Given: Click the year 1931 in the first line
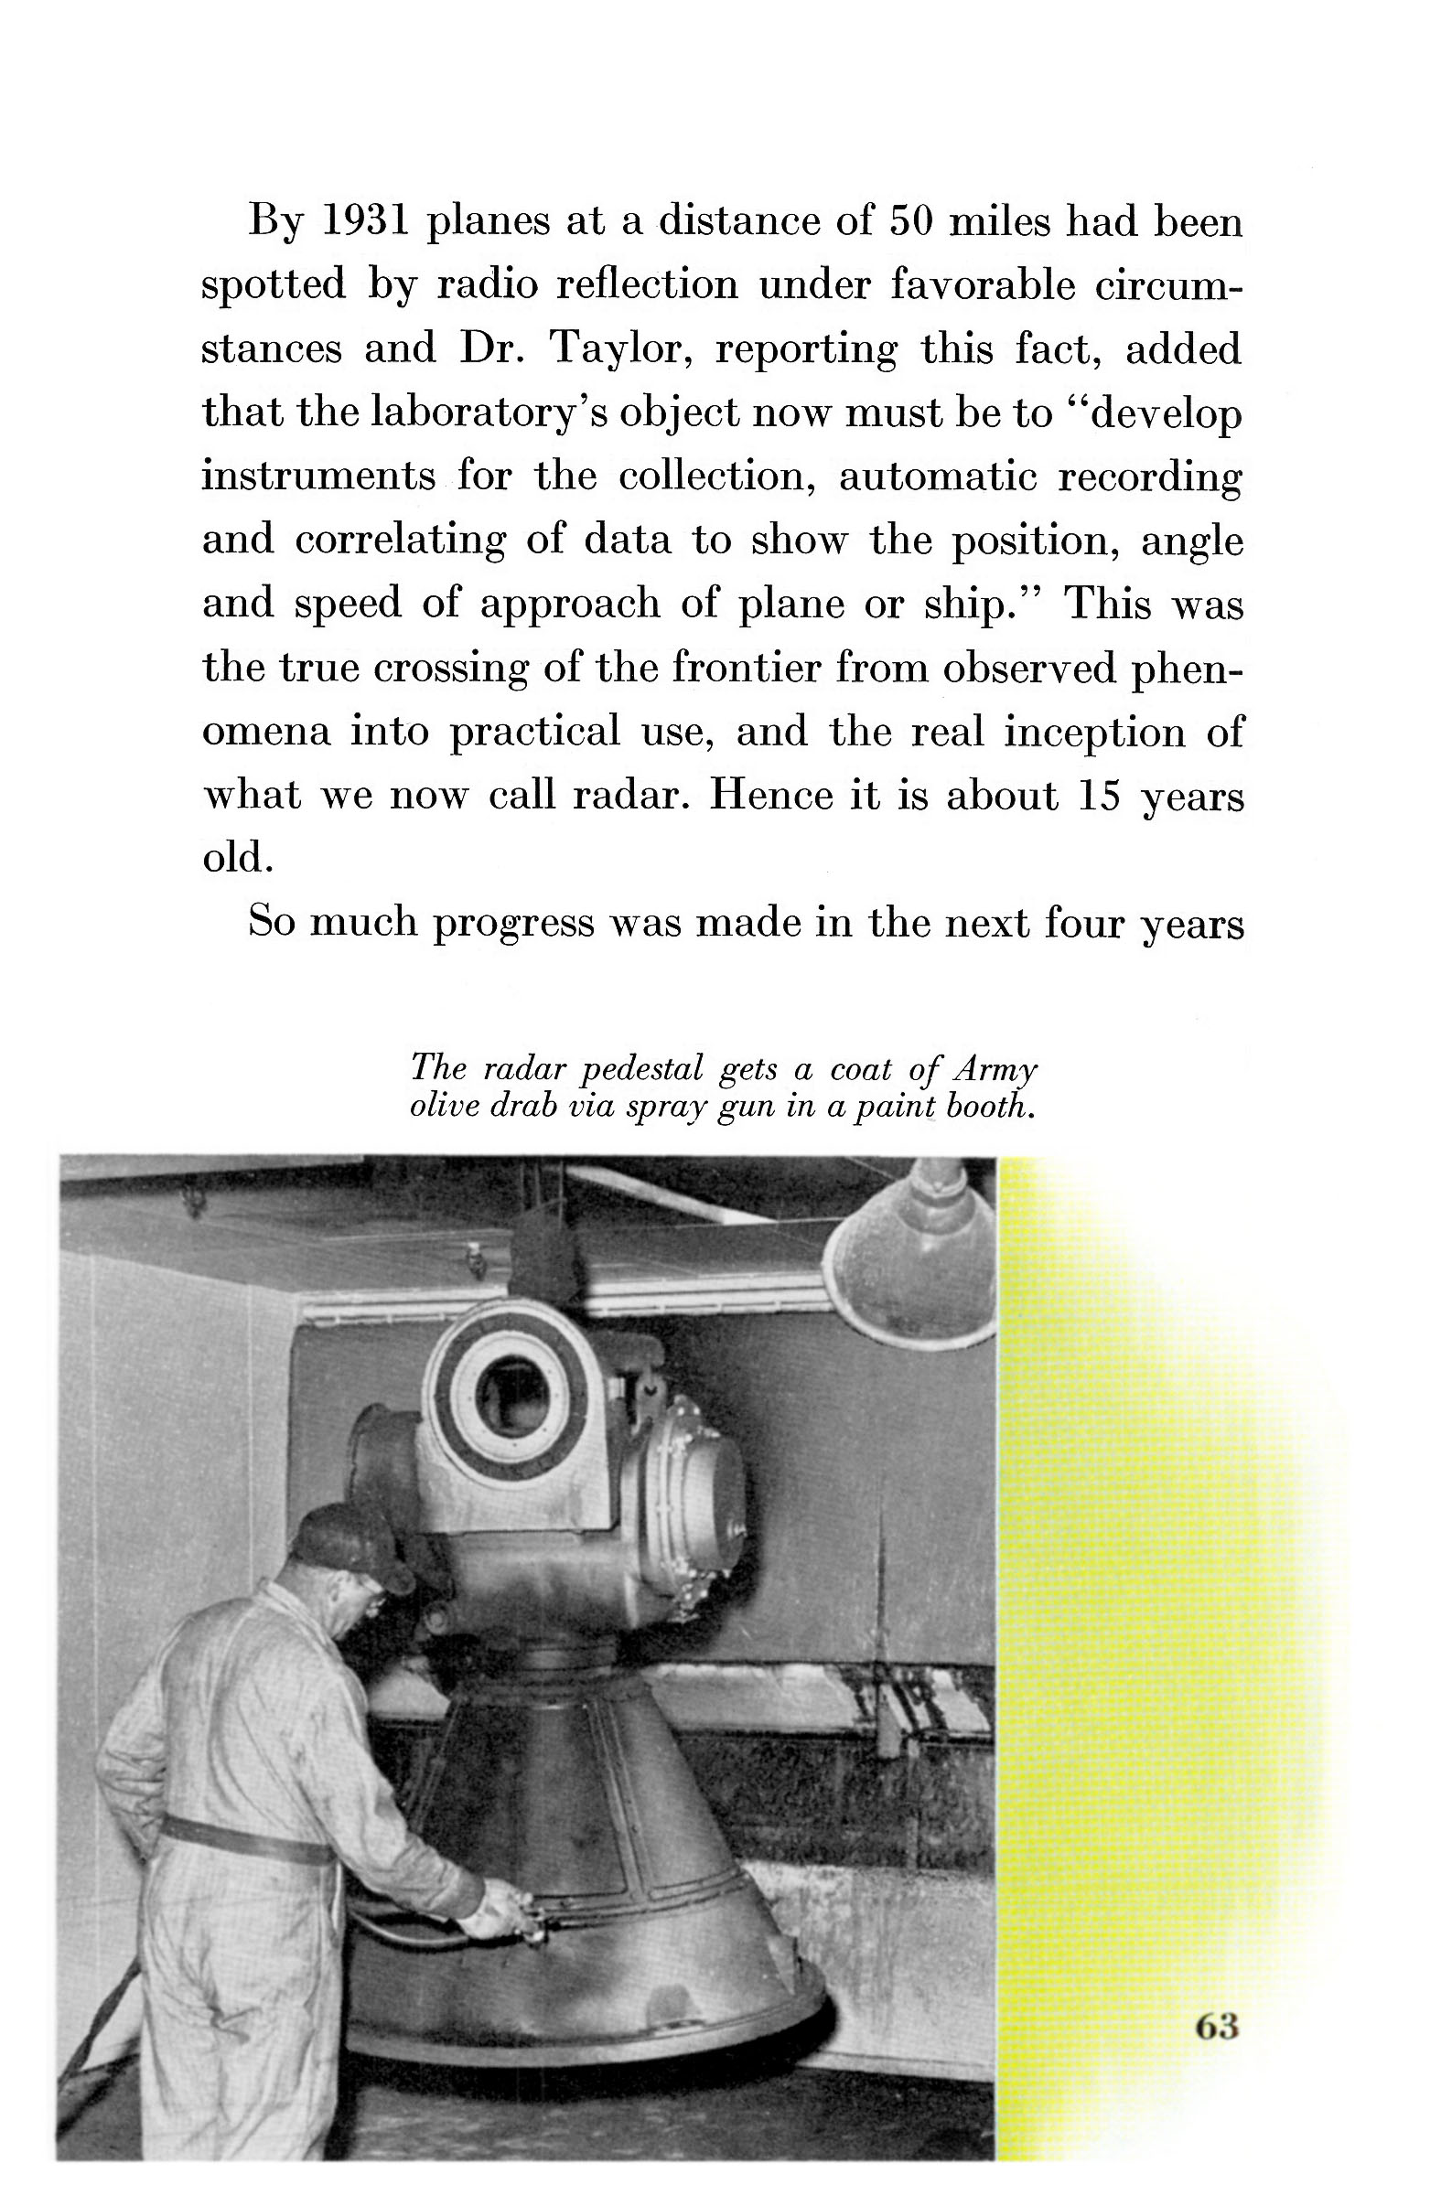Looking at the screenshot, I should point(362,221).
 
